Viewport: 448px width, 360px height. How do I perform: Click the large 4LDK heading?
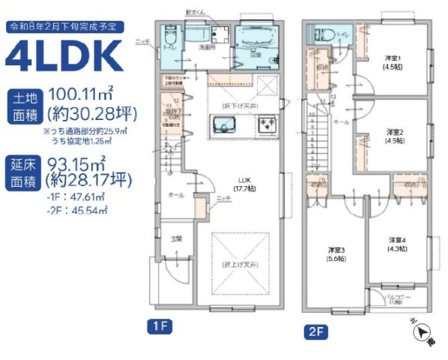[64, 55]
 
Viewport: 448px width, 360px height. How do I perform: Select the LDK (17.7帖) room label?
[243, 184]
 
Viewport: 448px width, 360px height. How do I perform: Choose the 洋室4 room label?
[397, 243]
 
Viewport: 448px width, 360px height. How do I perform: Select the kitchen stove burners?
[267, 128]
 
